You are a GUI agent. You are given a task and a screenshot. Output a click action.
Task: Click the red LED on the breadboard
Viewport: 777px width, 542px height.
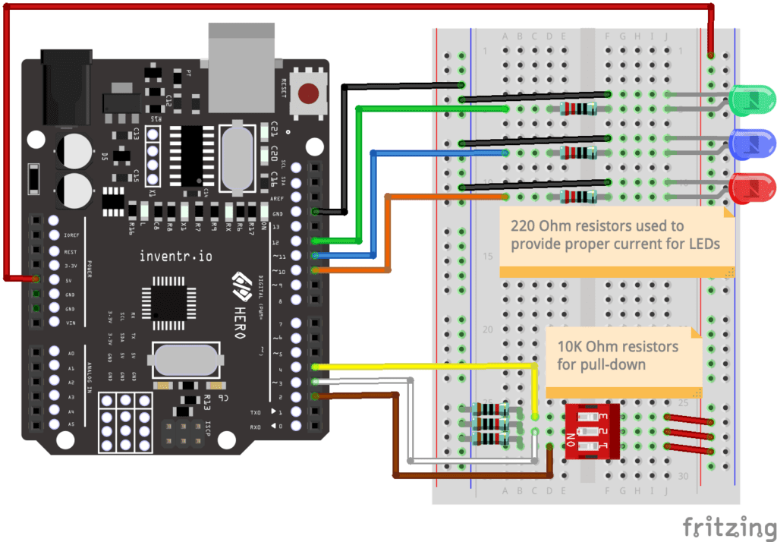click(x=751, y=187)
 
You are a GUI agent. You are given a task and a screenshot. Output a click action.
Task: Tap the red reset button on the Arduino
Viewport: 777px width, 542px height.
click(x=308, y=93)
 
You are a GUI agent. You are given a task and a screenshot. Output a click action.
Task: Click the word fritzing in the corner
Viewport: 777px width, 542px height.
click(x=724, y=526)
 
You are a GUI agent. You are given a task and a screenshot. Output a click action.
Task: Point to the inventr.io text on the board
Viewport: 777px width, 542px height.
click(x=176, y=257)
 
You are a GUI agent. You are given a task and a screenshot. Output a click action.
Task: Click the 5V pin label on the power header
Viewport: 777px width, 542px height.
click(x=70, y=280)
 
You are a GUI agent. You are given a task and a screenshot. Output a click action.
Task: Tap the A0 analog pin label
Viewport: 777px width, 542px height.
click(x=71, y=354)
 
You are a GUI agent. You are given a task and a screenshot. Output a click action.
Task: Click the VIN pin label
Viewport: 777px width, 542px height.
click(x=71, y=323)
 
